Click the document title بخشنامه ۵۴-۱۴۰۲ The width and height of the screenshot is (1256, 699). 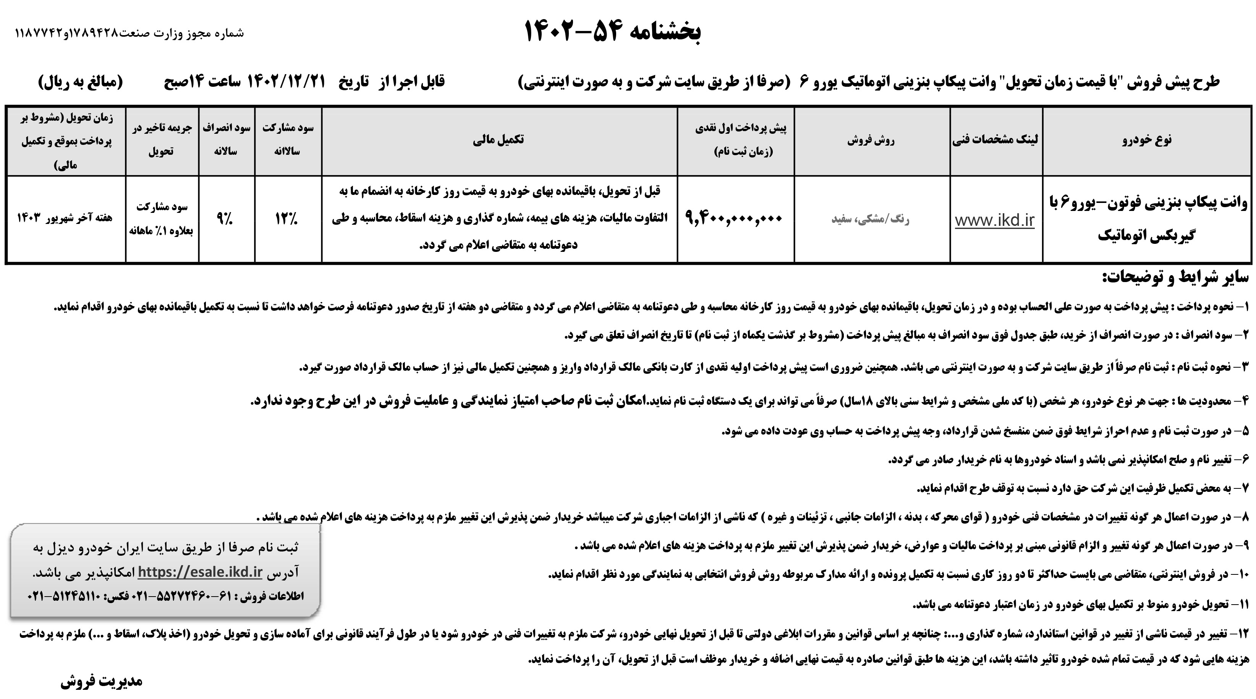[x=613, y=31]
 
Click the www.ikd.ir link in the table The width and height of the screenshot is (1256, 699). [x=995, y=221]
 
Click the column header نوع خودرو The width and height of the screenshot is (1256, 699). [x=1146, y=140]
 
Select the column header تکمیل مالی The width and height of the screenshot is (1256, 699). [x=498, y=140]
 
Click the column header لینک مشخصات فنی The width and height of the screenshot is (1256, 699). [x=995, y=140]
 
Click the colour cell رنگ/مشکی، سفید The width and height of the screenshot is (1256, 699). [x=871, y=219]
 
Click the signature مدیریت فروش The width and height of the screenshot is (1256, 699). [x=101, y=681]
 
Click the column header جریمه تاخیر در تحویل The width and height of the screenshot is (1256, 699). [x=162, y=139]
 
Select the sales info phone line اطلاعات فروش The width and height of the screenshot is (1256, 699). [x=166, y=597]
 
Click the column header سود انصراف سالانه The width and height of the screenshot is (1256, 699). [x=226, y=139]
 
